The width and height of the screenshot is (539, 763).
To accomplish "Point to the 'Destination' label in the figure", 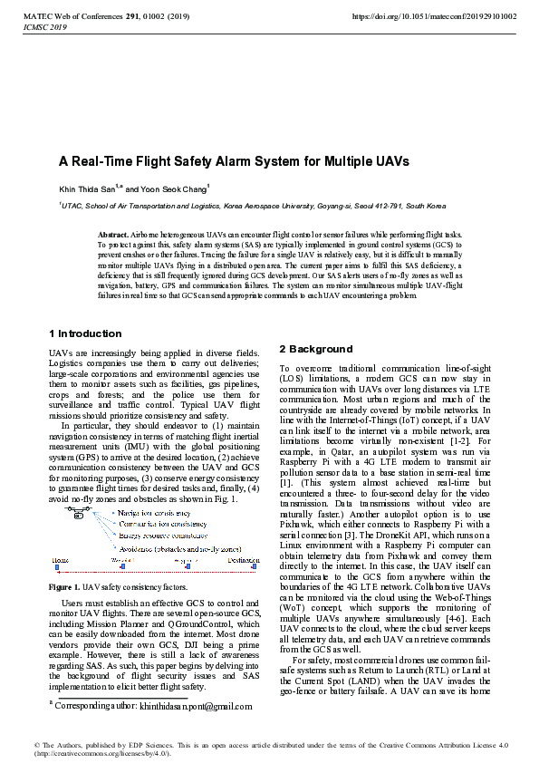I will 244,561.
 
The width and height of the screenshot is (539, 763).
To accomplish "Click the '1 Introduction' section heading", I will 85,333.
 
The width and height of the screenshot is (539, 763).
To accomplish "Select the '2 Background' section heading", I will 315,349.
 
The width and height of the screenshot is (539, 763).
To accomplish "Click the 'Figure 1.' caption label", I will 63,587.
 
